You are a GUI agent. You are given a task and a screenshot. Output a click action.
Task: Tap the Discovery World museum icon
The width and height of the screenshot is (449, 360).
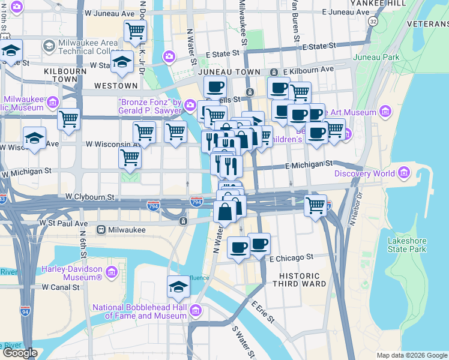[x=403, y=174]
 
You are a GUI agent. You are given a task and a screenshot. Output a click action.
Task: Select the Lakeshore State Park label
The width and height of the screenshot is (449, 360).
[x=406, y=245]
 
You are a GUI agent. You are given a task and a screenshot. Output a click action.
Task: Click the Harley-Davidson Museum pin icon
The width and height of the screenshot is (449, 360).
[x=111, y=274]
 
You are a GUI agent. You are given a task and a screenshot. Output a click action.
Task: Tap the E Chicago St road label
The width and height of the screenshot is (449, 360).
[x=292, y=257]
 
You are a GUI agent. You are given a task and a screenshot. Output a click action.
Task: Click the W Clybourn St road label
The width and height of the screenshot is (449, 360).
[x=89, y=197]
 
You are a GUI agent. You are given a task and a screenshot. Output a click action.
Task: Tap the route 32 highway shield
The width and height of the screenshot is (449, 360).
[x=373, y=21]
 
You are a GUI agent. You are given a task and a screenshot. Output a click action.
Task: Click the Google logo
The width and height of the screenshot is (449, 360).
[x=20, y=353]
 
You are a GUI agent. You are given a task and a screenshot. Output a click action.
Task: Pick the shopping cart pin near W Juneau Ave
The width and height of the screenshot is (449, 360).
[x=135, y=29]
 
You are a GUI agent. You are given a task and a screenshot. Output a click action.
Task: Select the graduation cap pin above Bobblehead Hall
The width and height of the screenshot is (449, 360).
[x=178, y=287]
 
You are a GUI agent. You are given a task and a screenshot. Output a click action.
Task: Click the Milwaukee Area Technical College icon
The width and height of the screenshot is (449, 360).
[x=49, y=46]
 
